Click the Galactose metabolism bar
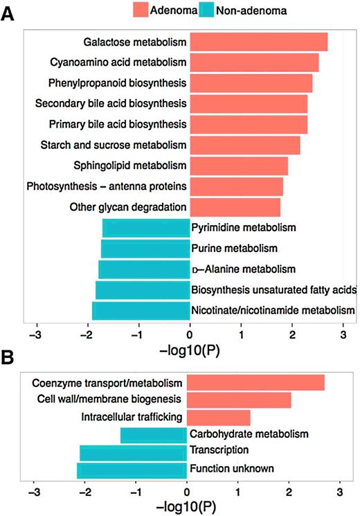(x=259, y=42)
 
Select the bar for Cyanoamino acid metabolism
(x=254, y=62)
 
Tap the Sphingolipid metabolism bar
(x=240, y=166)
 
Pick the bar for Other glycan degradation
(x=235, y=207)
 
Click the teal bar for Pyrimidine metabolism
(x=146, y=228)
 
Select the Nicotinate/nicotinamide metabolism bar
(x=141, y=311)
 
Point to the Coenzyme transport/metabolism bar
(x=255, y=382)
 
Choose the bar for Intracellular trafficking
(x=219, y=418)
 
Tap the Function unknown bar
(x=132, y=470)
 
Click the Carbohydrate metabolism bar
(x=154, y=436)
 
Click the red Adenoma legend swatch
(x=141, y=10)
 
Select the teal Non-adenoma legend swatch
(x=206, y=10)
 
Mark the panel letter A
(x=7, y=14)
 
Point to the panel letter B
(x=7, y=357)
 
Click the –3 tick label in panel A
(x=35, y=335)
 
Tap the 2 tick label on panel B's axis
(x=289, y=492)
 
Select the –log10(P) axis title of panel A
(x=189, y=350)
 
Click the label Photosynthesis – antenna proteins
(x=107, y=186)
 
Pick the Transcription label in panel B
(x=219, y=450)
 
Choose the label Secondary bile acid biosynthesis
(x=111, y=104)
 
